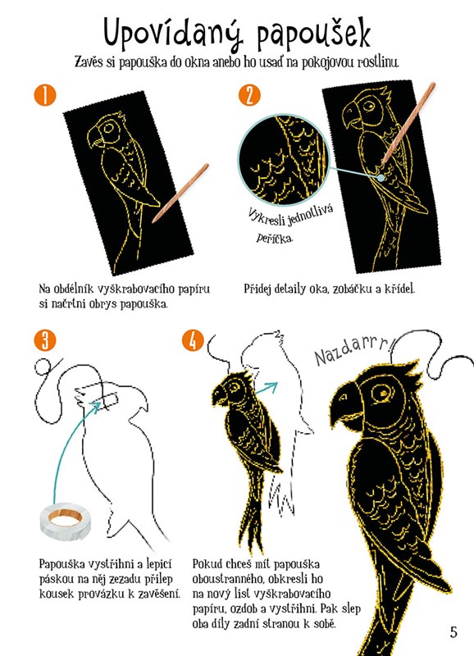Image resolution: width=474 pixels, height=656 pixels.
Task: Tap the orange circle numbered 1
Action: (x=45, y=95)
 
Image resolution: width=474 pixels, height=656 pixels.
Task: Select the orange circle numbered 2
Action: (x=249, y=95)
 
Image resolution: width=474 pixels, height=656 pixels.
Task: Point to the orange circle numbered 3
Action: (x=45, y=340)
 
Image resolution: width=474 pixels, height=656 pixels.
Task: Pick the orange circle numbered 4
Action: (x=193, y=340)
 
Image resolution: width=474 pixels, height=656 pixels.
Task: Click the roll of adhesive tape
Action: (x=66, y=520)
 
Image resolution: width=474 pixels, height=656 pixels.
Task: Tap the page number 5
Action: (x=453, y=631)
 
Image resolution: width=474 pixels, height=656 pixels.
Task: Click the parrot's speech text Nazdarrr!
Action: (x=354, y=351)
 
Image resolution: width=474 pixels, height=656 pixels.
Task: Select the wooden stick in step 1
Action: (x=180, y=193)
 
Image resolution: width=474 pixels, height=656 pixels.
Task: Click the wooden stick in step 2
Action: (x=408, y=124)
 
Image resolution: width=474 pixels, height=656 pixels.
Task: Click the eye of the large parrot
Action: (x=382, y=393)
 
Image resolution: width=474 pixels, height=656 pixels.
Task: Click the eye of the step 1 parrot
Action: (x=109, y=127)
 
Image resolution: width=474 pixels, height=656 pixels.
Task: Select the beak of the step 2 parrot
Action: (x=351, y=114)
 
